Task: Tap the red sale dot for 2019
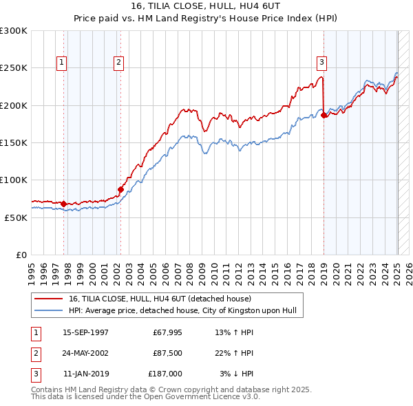(x=324, y=116)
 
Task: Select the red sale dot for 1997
(x=63, y=204)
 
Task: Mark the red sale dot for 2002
(x=120, y=189)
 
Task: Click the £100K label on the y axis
(x=14, y=180)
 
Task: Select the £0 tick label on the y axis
(x=20, y=255)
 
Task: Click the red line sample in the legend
(x=49, y=299)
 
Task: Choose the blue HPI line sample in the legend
(x=49, y=311)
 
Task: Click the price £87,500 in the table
(x=166, y=353)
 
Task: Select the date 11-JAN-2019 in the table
(x=85, y=374)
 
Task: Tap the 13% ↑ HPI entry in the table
(x=235, y=332)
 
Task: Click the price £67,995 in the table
(x=166, y=332)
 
